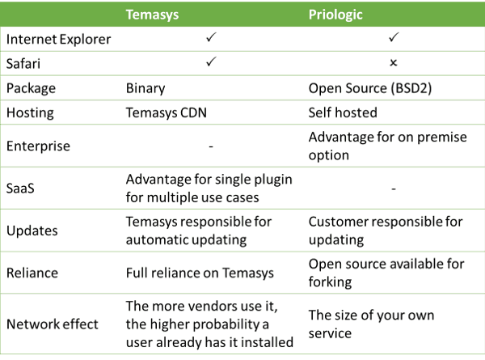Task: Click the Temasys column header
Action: tap(152, 15)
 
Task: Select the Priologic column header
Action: tap(335, 15)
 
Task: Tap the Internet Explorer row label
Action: tap(58, 40)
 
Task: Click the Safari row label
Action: tap(23, 64)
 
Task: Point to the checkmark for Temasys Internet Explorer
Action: tap(211, 37)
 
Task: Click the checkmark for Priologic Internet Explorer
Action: tap(394, 37)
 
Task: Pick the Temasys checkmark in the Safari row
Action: tap(211, 61)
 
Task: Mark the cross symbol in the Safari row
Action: tap(394, 63)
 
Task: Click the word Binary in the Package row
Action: tap(145, 88)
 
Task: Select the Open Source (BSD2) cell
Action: tap(370, 88)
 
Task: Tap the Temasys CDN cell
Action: tap(166, 112)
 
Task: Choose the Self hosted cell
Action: tap(343, 112)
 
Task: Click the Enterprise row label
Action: tap(38, 146)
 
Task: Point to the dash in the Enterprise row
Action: tap(211, 146)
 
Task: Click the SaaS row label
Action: tap(20, 188)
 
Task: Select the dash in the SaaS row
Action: tap(394, 188)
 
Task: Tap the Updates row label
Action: tap(32, 231)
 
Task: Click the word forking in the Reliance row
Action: tap(330, 282)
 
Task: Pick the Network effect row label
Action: tap(53, 324)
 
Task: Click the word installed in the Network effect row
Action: tap(267, 342)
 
